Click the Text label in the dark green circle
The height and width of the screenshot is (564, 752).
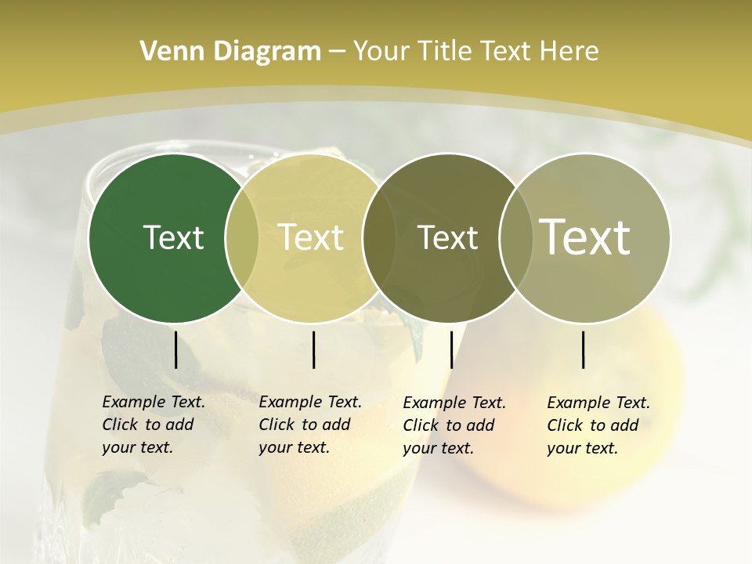pos(173,237)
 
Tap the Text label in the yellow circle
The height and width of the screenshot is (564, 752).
pos(310,237)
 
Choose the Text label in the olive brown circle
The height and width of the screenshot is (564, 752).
pos(447,237)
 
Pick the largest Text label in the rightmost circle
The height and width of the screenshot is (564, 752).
pos(585,237)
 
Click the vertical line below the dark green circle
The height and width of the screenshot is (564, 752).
pos(175,349)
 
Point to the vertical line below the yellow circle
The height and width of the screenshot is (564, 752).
pos(313,349)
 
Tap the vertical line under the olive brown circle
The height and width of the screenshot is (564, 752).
pos(451,349)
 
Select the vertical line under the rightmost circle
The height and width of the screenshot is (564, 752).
pos(583,349)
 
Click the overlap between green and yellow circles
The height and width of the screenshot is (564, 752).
pos(242,238)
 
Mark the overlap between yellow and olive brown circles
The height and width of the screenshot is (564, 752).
pos(379,238)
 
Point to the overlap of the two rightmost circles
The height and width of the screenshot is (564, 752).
pos(515,238)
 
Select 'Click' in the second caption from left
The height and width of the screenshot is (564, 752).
pos(277,425)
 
